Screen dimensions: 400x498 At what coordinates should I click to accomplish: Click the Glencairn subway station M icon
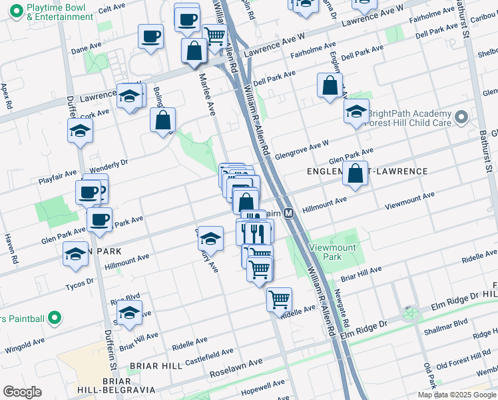coord(289,213)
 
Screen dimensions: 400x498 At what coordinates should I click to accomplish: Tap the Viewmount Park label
coord(326,251)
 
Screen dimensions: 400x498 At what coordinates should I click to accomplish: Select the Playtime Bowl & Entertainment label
coord(59,12)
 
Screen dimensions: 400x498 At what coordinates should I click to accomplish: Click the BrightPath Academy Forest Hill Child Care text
coord(409,117)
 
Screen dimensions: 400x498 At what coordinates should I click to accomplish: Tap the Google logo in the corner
coord(22,392)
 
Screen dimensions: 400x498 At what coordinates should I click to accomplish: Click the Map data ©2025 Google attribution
coord(456,395)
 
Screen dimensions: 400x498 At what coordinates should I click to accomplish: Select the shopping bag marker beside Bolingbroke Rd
coord(163,121)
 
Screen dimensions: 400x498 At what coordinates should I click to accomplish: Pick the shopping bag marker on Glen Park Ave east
coord(356,173)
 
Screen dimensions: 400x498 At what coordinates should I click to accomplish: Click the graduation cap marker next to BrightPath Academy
coord(357,111)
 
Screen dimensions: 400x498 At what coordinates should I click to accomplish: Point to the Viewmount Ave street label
coord(409,199)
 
